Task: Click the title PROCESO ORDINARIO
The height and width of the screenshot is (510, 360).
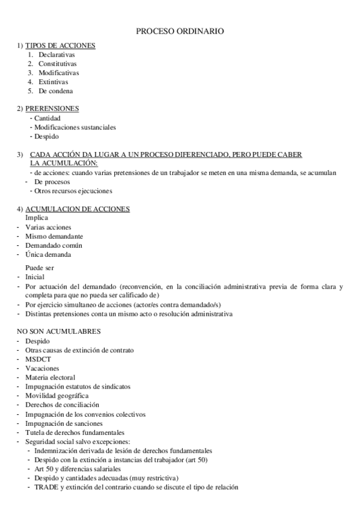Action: point(180,31)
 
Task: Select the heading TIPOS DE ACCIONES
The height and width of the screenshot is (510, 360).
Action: point(60,46)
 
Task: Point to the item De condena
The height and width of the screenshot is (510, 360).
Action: point(55,91)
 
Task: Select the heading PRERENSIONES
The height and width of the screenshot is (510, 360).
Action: point(52,109)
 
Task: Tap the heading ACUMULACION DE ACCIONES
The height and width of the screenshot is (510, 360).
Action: point(78,209)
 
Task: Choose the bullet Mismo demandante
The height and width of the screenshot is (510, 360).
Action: point(54,236)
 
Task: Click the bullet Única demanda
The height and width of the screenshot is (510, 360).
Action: point(52,254)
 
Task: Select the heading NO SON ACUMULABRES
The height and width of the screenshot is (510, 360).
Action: point(58,331)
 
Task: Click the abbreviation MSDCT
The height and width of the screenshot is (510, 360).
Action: point(38,359)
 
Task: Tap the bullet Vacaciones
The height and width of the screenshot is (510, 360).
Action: point(42,368)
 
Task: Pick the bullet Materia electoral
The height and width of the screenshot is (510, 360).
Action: point(50,377)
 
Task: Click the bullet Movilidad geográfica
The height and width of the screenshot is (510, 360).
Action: point(57,396)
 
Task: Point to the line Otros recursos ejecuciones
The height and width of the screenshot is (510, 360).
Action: point(73,191)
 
